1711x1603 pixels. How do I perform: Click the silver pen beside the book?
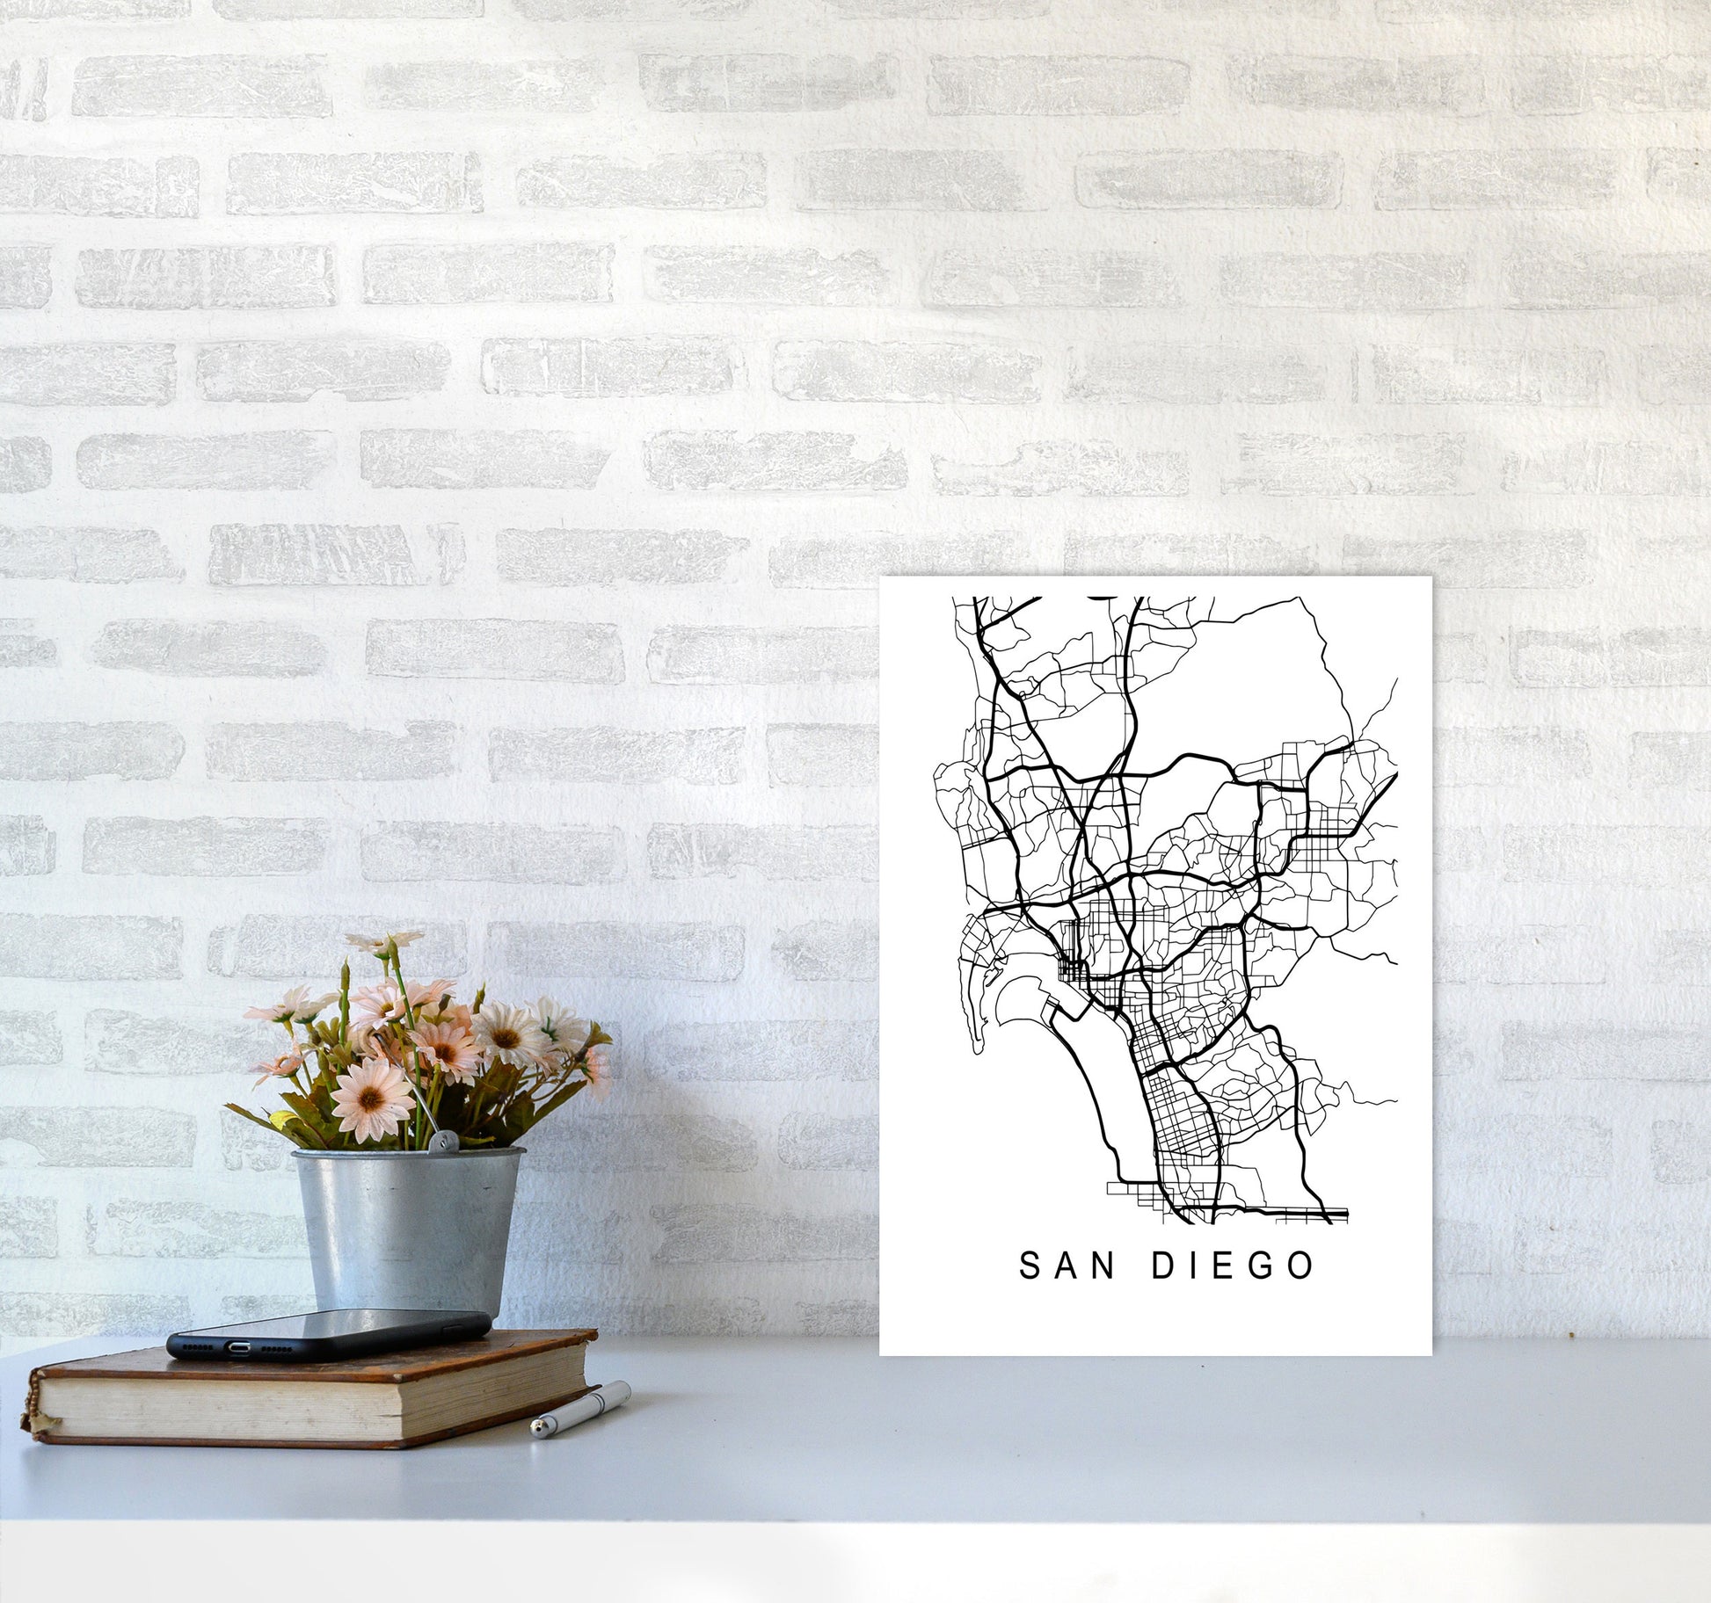(x=580, y=1409)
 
